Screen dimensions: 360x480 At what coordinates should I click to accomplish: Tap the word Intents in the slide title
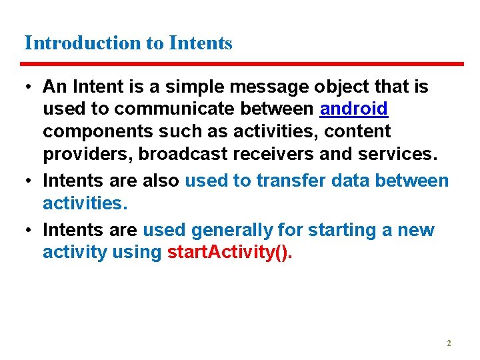coord(201,43)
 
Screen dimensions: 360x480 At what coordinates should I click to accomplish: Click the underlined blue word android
coord(354,108)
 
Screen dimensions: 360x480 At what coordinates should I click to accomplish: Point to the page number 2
coord(449,343)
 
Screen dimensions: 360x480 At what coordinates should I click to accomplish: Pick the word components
coord(91,131)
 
